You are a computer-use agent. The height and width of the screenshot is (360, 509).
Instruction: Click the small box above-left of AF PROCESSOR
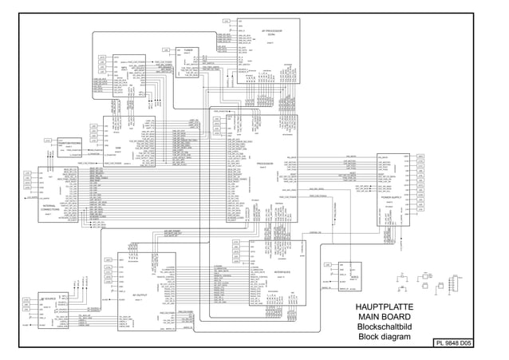tap(227, 21)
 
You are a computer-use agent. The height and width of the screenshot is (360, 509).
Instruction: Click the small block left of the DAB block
tap(67, 140)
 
